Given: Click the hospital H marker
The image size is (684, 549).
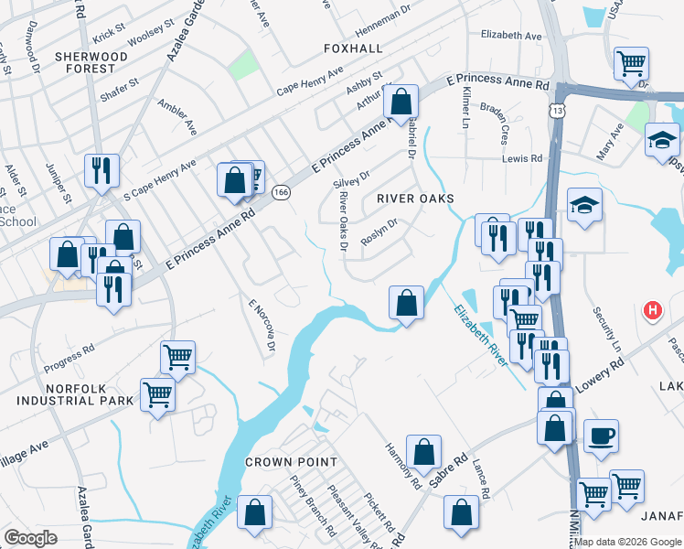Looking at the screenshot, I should point(653,311).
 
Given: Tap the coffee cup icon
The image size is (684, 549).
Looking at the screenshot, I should point(601,436).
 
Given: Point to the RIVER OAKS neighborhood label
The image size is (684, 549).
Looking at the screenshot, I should point(416,198).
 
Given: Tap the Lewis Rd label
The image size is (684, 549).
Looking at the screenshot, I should point(522,158).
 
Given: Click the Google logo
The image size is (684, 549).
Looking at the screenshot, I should point(31,538).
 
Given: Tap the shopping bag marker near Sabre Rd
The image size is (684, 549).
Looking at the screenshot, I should point(423,452).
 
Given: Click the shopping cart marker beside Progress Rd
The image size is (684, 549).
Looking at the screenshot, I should point(177,357).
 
